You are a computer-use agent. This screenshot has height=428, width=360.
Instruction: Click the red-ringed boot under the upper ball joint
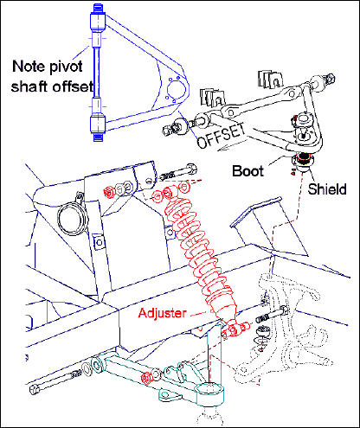(x=304, y=161)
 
